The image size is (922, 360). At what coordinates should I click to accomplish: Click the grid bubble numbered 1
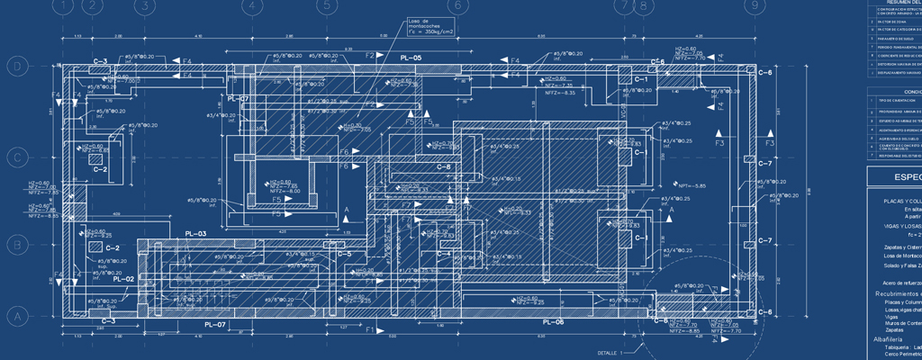coord(64,5)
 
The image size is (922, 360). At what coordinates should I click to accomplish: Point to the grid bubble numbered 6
coord(456,5)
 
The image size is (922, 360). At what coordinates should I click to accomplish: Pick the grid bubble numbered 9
coord(752,5)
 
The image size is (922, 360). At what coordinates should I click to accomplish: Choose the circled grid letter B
coord(15,244)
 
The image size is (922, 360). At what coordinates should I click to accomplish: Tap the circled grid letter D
coord(15,67)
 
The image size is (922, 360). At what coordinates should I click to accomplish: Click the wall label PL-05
coord(411,58)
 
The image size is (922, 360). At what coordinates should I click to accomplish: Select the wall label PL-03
coord(195,234)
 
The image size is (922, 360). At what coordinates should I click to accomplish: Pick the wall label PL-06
coord(553,320)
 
